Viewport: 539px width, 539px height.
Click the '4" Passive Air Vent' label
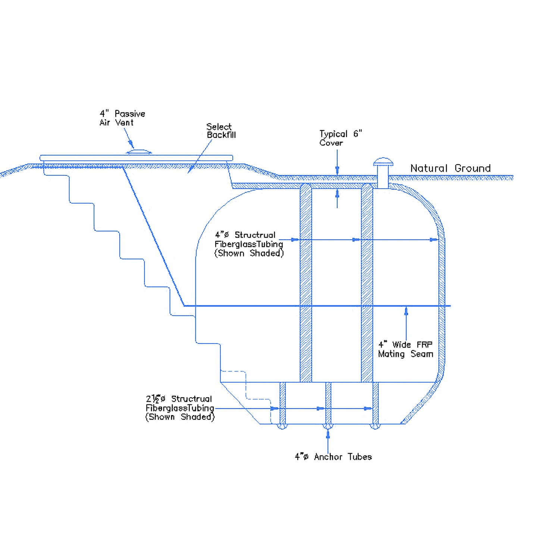pyautogui.click(x=122, y=118)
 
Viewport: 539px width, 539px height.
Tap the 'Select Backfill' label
pyautogui.click(x=221, y=131)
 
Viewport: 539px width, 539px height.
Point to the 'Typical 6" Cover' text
pyautogui.click(x=340, y=138)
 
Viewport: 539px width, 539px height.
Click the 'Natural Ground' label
pyautogui.click(x=450, y=168)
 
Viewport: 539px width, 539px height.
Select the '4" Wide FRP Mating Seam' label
pyautogui.click(x=405, y=349)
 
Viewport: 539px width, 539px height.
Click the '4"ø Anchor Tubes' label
pyautogui.click(x=333, y=457)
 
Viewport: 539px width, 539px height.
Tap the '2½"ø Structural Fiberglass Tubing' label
pyautogui.click(x=180, y=408)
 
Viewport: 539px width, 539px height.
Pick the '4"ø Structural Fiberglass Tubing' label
pyautogui.click(x=249, y=244)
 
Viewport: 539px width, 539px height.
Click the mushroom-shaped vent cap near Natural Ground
pyautogui.click(x=383, y=162)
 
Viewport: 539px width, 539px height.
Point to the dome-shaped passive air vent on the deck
pyautogui.click(x=139, y=151)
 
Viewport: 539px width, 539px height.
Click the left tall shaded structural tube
pyautogui.click(x=306, y=283)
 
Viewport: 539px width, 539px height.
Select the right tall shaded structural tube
pyautogui.click(x=367, y=283)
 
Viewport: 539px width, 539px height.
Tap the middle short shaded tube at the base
pyautogui.click(x=328, y=403)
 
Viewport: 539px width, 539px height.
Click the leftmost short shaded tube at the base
pyautogui.click(x=283, y=403)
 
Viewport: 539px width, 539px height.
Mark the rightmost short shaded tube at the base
pyautogui.click(x=375, y=403)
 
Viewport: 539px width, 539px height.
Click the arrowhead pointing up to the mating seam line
pyautogui.click(x=406, y=311)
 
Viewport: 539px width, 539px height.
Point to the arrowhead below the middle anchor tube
pyautogui.click(x=328, y=433)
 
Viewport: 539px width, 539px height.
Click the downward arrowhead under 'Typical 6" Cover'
pyautogui.click(x=337, y=170)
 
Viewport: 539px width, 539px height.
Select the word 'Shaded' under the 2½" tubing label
pyautogui.click(x=197, y=417)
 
